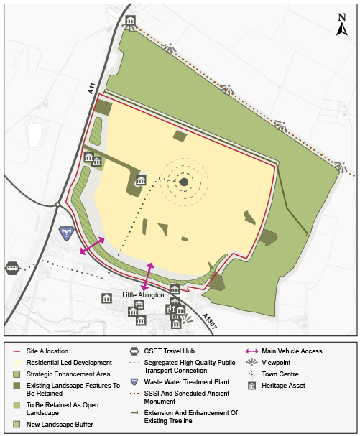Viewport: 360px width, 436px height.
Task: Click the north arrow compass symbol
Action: tap(343, 26)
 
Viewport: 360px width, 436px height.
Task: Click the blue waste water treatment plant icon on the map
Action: tap(66, 233)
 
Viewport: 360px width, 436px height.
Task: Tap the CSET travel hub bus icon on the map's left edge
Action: tap(12, 268)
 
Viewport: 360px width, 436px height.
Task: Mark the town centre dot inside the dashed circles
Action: tap(184, 182)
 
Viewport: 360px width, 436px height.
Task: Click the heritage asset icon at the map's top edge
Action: tap(129, 22)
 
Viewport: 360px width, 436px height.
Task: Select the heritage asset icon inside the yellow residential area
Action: tap(142, 180)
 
